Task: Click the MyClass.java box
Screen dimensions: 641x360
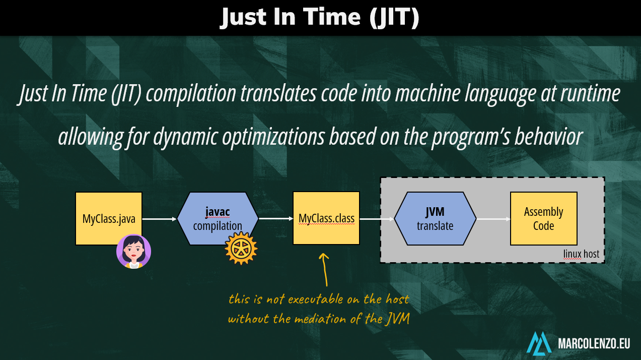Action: tap(109, 218)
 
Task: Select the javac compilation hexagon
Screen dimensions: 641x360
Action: tap(218, 218)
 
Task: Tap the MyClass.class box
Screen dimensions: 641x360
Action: tap(326, 218)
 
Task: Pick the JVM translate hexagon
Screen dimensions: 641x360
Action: tap(435, 218)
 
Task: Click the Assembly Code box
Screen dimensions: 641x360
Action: tap(544, 218)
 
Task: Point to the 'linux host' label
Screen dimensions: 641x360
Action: tap(581, 254)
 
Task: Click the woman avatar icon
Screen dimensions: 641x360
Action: tap(133, 252)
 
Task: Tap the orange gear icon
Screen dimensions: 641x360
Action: tap(241, 248)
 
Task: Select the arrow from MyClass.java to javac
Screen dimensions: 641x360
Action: tap(160, 219)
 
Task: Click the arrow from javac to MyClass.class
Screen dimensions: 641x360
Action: tap(276, 219)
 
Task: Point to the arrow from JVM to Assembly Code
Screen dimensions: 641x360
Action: tap(493, 219)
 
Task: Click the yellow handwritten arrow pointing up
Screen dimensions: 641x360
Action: tap(324, 270)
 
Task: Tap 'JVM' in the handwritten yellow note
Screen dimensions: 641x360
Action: tap(397, 319)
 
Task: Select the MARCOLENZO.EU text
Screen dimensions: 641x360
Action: tap(594, 343)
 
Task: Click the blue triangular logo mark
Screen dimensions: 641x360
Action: tap(539, 343)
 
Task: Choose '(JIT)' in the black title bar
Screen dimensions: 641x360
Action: tap(394, 18)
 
